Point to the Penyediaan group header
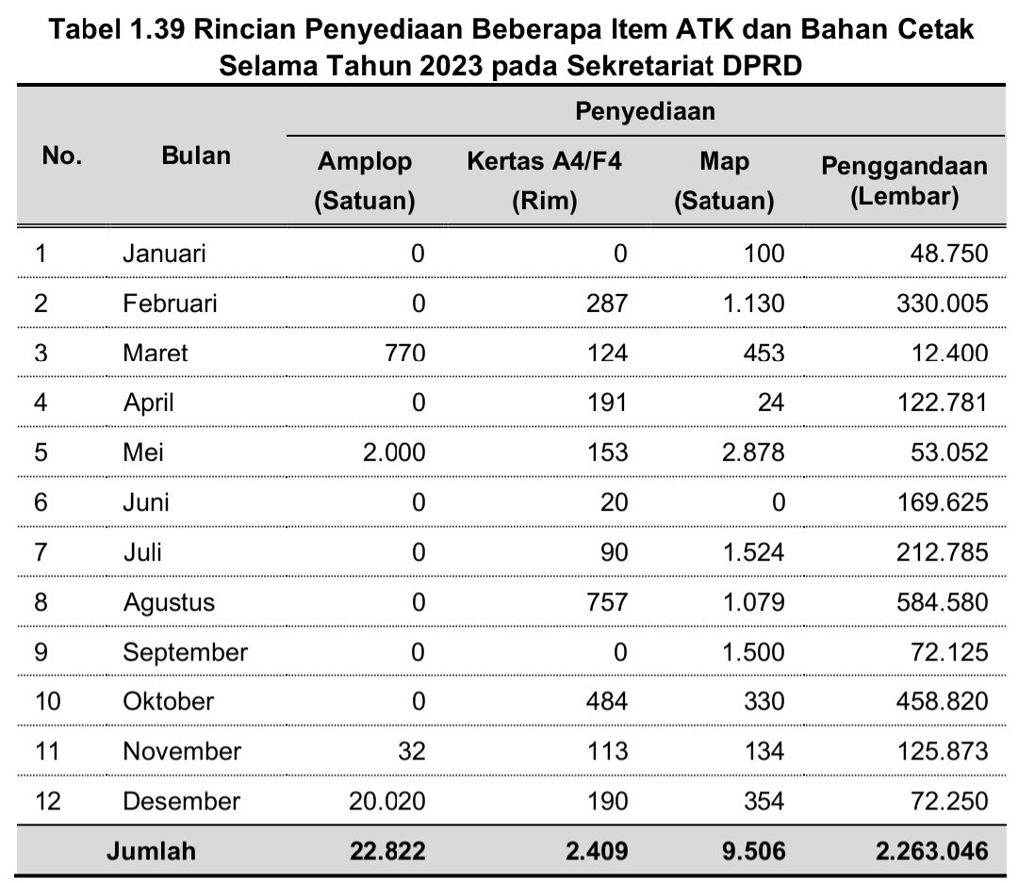tap(646, 112)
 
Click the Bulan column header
tap(196, 155)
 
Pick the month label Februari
tap(170, 303)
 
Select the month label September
tap(186, 652)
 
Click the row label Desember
tap(182, 801)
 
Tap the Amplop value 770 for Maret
tap(404, 353)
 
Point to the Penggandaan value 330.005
tap(930, 303)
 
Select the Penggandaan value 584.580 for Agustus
tap(930, 602)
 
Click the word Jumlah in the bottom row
tap(151, 851)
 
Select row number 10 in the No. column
tap(46, 701)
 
